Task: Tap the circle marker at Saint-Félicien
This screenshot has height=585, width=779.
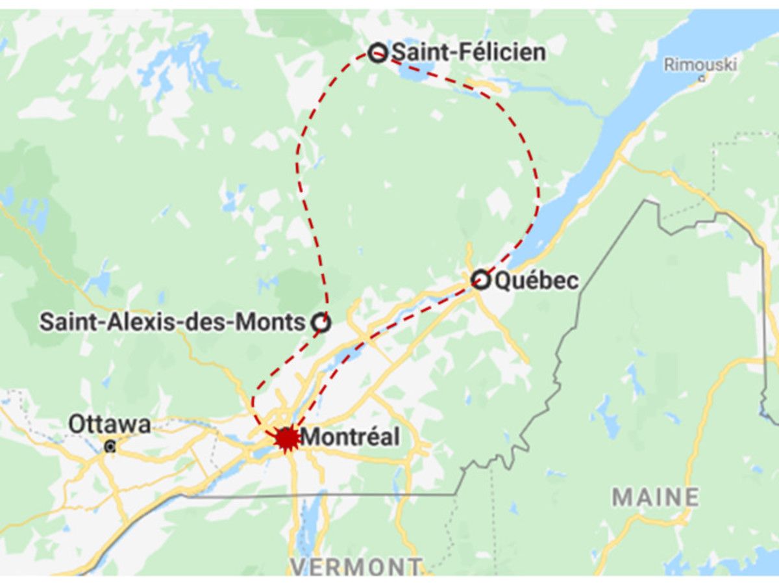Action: point(378,53)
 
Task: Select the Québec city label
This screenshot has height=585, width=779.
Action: point(536,281)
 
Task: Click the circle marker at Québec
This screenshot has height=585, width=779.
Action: point(480,280)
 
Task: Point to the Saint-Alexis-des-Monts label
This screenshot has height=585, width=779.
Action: point(172,322)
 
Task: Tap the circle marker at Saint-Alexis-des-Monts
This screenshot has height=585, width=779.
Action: point(321,322)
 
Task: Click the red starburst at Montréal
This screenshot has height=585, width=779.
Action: point(286,438)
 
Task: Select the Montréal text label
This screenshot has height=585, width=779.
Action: point(351,437)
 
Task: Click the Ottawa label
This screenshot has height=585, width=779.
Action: point(110,425)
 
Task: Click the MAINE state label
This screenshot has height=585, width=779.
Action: point(656,497)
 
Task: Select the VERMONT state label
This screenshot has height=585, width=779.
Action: point(356,567)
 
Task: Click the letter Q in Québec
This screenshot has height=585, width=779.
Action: point(504,281)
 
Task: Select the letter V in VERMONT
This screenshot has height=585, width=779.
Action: point(299,567)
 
